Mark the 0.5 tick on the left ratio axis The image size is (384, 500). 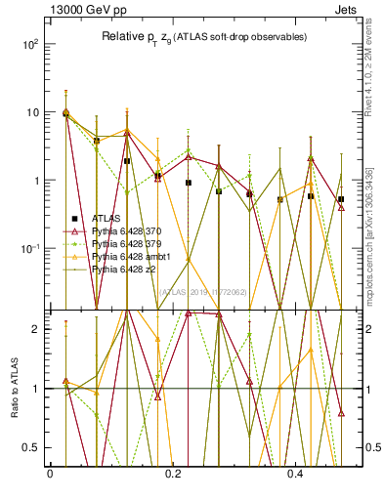[33, 447]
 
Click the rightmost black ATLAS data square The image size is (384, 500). [341, 199]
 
